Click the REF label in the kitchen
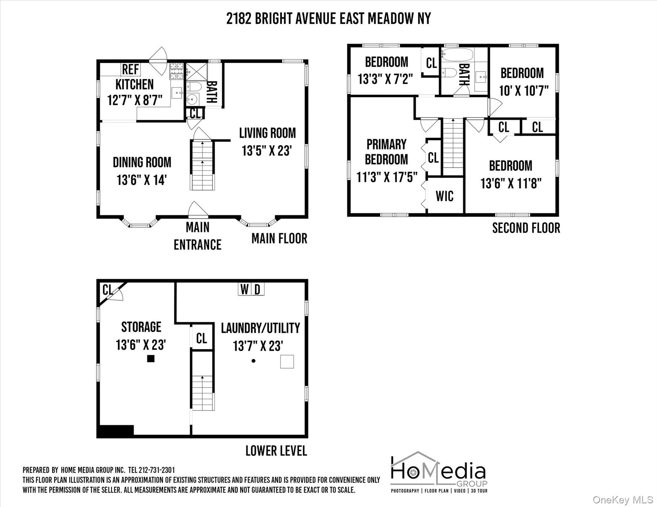(131, 70)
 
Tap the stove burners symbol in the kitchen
(176, 71)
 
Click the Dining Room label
(142, 162)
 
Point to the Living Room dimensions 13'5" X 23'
(266, 151)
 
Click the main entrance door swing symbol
(197, 210)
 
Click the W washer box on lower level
(245, 289)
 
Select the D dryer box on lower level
(258, 289)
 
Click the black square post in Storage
(151, 358)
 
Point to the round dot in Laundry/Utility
(253, 361)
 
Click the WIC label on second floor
(444, 196)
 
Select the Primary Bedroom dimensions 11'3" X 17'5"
(387, 178)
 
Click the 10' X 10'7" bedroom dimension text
(524, 91)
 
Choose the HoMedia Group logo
(439, 472)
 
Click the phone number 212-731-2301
(157, 470)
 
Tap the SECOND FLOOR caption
(526, 228)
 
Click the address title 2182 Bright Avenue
(328, 18)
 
